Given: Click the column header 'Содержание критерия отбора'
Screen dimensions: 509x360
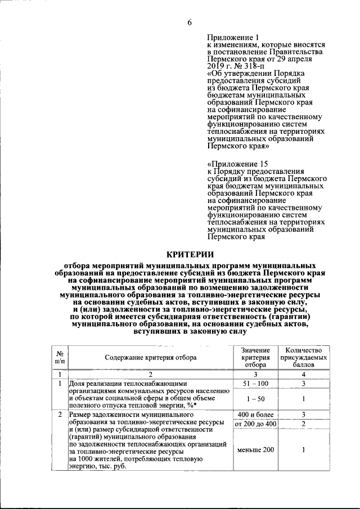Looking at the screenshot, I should pos(150,357).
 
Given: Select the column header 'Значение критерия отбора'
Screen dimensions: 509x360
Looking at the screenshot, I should pos(255,357).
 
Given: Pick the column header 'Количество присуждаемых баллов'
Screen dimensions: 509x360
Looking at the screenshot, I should pos(303,357).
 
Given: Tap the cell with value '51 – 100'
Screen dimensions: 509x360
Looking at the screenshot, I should pos(255,383).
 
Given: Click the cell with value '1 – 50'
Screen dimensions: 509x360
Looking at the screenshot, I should pos(255,399).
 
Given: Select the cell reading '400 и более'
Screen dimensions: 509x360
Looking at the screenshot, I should pos(255,415).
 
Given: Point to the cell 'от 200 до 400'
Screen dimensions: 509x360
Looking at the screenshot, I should pos(255,423).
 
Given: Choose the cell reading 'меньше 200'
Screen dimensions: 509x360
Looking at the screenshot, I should pos(255,450).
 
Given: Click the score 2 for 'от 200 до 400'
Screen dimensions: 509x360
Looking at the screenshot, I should pos(303,423).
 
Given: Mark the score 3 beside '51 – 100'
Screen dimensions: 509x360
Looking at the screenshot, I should pos(303,383).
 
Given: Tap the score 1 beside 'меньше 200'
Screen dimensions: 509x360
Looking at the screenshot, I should pos(303,450).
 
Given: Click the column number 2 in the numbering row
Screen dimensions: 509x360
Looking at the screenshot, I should pos(150,374).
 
